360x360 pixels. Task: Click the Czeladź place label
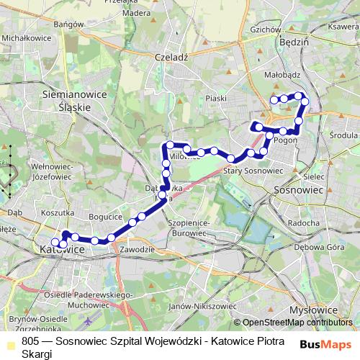pyautogui.click(x=171, y=57)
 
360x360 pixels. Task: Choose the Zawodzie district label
pyautogui.click(x=138, y=249)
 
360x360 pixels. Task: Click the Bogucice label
pyautogui.click(x=102, y=216)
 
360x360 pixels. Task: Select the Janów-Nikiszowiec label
pyautogui.click(x=193, y=306)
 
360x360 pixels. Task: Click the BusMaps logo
pyautogui.click(x=326, y=345)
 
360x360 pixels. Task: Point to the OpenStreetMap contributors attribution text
pyautogui.click(x=297, y=323)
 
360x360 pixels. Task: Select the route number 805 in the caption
pyautogui.click(x=30, y=340)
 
